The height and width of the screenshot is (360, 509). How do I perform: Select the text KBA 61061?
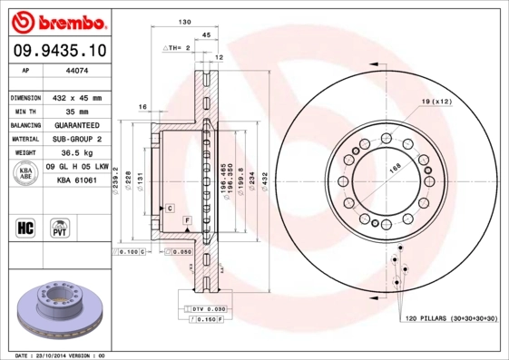click(x=78, y=180)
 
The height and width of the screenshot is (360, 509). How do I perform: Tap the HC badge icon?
click(x=25, y=227)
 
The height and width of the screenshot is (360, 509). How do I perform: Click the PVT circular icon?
click(x=59, y=227)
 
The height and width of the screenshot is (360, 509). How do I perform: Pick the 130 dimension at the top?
click(x=184, y=21)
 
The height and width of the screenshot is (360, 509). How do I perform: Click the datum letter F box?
click(x=187, y=220)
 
